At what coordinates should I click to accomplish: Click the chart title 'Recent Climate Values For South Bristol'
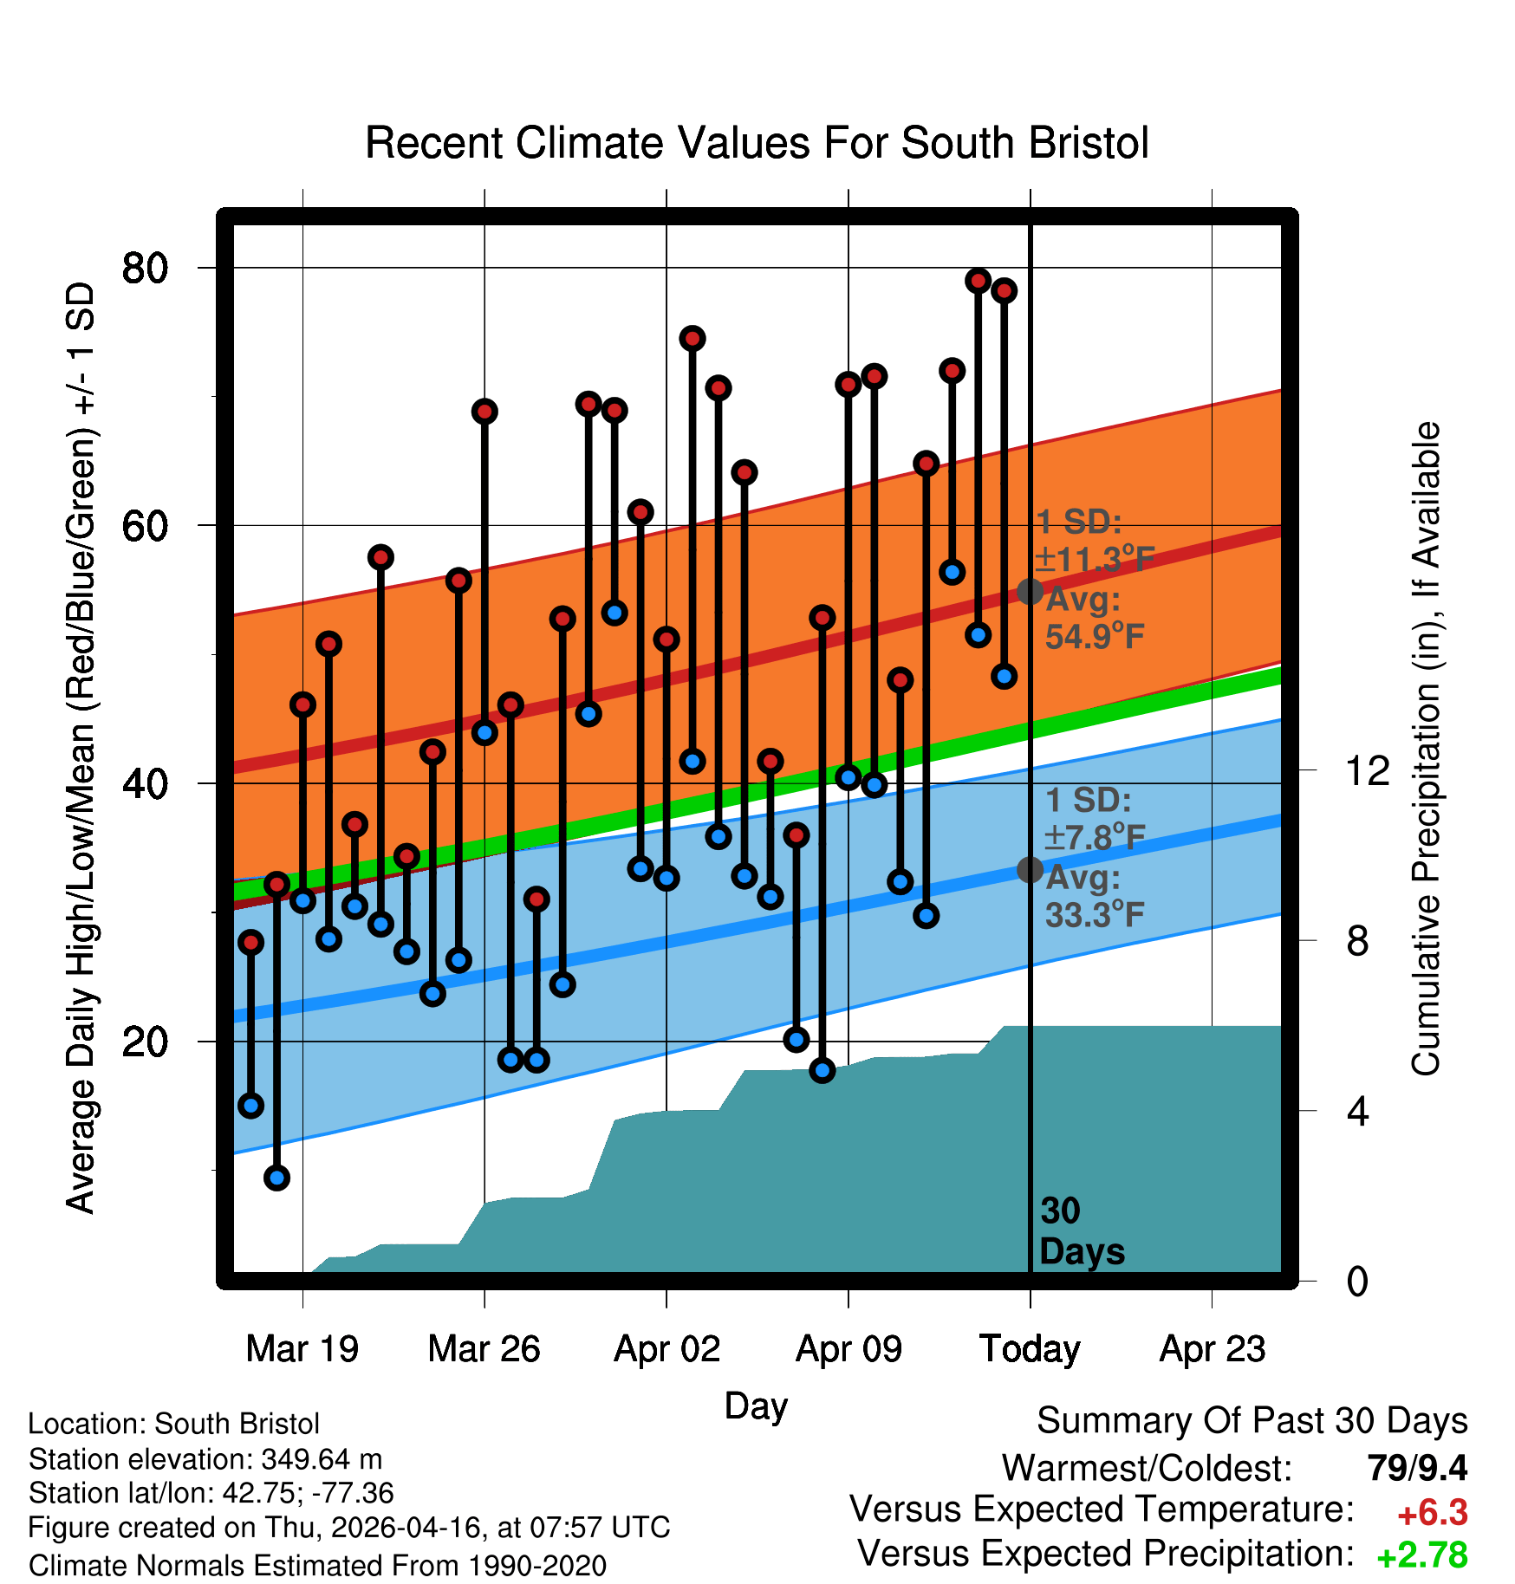click(757, 143)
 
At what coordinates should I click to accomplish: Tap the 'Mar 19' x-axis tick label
click(302, 1349)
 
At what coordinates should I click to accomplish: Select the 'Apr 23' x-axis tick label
click(1213, 1349)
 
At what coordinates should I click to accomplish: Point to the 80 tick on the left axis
click(145, 268)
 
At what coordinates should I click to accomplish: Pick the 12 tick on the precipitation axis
click(1368, 769)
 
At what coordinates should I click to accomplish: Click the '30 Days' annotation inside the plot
click(1081, 1231)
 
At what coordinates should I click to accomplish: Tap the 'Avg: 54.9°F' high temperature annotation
click(1094, 618)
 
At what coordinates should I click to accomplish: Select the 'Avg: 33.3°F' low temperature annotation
click(1094, 896)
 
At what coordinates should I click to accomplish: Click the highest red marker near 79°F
click(979, 281)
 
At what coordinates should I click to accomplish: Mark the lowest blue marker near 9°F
click(276, 1178)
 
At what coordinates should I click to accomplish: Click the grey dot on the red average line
click(1030, 592)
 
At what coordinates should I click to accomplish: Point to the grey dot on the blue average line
click(1030, 869)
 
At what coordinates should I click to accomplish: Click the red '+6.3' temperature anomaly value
click(1432, 1513)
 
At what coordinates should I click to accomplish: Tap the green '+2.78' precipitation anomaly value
click(1422, 1555)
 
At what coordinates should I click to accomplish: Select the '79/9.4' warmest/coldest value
click(1417, 1468)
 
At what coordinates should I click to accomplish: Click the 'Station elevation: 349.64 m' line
click(205, 1459)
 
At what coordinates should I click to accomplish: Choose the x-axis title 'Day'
click(756, 1406)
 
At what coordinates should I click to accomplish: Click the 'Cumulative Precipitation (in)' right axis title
click(1426, 749)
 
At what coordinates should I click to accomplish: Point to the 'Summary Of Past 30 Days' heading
click(1252, 1421)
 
